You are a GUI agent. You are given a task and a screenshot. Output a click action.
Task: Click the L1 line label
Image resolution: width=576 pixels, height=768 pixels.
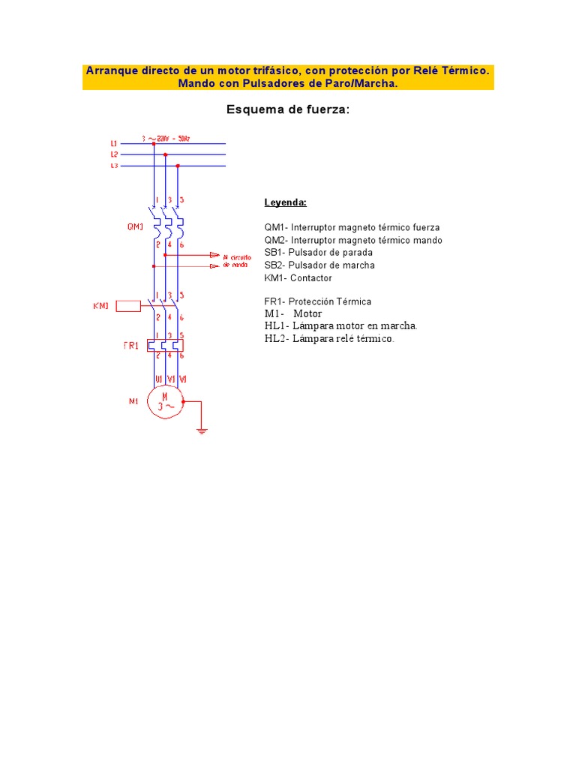click(114, 142)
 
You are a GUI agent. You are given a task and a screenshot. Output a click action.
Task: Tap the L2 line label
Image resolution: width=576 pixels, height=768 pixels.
click(114, 154)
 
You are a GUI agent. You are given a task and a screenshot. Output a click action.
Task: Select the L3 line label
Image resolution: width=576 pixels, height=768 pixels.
click(114, 166)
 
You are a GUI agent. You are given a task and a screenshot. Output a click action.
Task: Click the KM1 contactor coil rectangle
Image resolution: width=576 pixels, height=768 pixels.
click(128, 305)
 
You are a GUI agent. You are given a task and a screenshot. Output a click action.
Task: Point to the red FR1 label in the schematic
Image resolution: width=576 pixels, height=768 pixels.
click(130, 346)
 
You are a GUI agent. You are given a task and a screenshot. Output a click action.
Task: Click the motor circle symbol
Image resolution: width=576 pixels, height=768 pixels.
click(165, 401)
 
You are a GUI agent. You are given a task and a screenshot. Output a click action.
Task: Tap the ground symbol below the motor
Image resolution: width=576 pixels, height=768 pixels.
click(201, 430)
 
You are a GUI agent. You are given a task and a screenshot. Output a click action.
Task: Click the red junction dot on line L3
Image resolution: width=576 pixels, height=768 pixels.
click(177, 166)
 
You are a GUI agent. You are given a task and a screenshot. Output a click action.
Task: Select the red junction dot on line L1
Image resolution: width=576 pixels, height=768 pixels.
click(154, 142)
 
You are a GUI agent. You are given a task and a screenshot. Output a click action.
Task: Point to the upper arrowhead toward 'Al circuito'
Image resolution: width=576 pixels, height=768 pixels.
click(214, 255)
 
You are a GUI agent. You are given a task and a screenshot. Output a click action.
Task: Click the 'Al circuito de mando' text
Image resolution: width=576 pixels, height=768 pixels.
click(238, 260)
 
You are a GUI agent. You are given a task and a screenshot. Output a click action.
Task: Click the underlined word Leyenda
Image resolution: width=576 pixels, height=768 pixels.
click(285, 202)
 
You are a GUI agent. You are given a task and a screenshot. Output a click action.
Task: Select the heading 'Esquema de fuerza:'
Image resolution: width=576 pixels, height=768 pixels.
click(288, 110)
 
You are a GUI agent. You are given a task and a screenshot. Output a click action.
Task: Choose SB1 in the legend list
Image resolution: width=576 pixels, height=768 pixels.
click(274, 253)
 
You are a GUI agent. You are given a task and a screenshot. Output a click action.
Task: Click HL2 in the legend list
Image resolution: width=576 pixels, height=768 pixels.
click(274, 339)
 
